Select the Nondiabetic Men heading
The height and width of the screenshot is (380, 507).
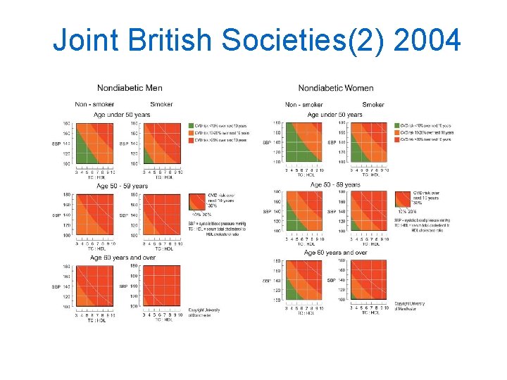[x=130, y=88]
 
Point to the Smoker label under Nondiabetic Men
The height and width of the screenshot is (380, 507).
[x=161, y=104]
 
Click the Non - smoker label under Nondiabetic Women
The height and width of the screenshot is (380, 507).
[x=303, y=105]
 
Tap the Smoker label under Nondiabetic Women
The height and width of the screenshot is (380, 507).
[x=373, y=105]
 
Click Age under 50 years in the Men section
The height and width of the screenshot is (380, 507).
[x=123, y=115]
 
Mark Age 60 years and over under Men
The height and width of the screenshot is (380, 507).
[x=123, y=258]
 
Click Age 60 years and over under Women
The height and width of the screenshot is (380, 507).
[x=335, y=253]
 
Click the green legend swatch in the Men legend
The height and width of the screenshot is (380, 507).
[x=192, y=126]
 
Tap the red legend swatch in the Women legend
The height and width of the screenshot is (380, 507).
[x=397, y=140]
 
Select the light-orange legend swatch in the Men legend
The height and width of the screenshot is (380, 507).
[x=192, y=133]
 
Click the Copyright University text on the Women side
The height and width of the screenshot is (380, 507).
[x=410, y=305]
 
